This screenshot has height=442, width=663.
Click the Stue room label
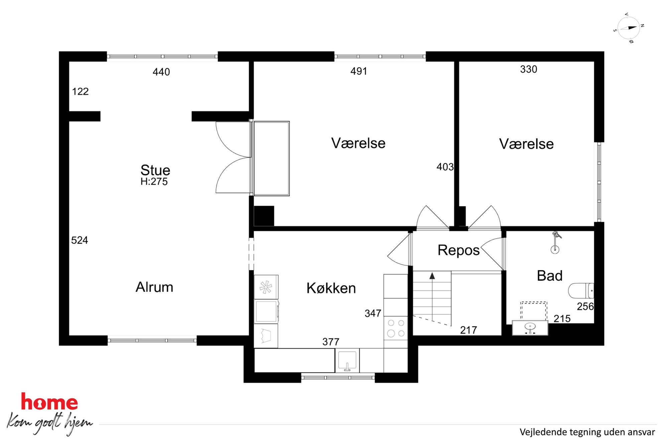point(155,170)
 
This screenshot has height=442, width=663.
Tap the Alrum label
point(154,287)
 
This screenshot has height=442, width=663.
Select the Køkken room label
point(331,288)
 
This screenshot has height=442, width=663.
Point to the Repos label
point(458,250)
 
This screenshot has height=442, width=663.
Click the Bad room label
point(550,276)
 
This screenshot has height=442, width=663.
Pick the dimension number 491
point(359,71)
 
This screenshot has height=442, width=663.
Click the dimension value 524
point(80,240)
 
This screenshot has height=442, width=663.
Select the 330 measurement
point(529,69)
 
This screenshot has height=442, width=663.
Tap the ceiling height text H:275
point(154,181)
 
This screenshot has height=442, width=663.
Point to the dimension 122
point(80,91)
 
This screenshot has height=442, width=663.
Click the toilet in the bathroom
point(581,291)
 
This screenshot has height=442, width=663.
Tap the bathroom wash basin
point(530,327)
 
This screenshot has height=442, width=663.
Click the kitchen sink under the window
point(347,360)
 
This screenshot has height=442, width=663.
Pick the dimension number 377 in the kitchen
point(331,342)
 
